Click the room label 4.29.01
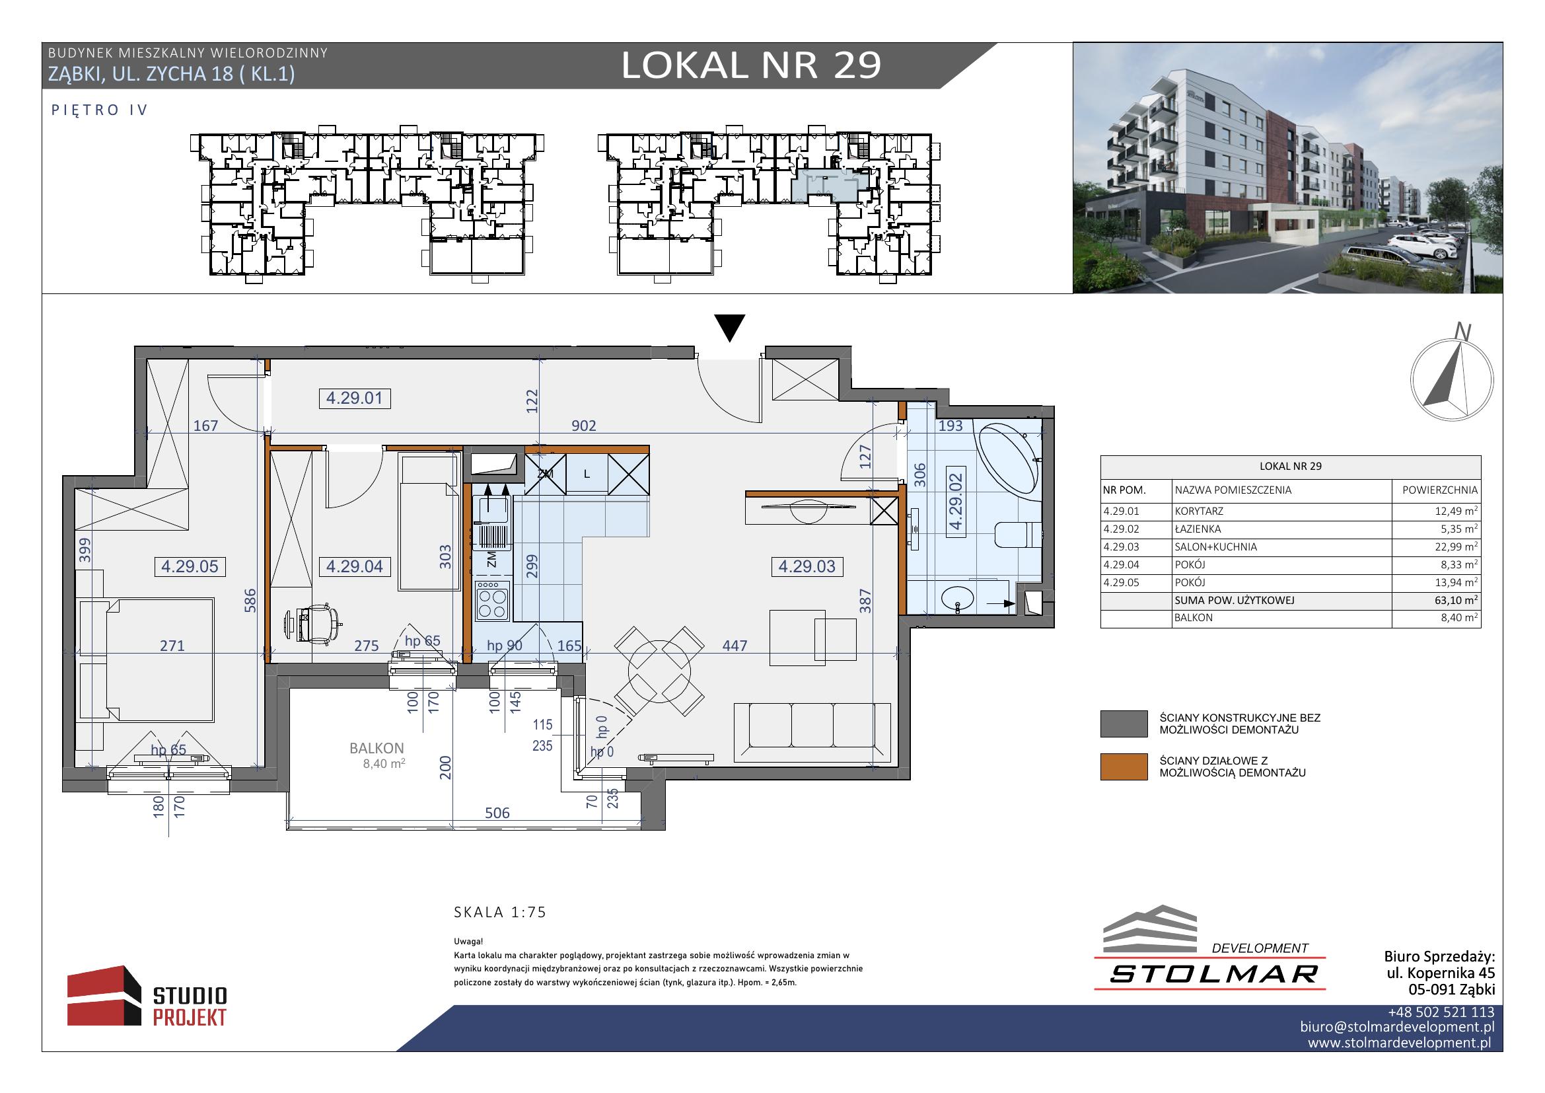pyautogui.click(x=354, y=398)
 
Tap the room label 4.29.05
pyautogui.click(x=190, y=567)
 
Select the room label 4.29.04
pyautogui.click(x=354, y=567)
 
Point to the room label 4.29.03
pyautogui.click(x=806, y=567)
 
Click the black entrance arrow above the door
pyautogui.click(x=729, y=328)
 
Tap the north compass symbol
pyautogui.click(x=1452, y=377)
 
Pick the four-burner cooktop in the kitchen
pyautogui.click(x=492, y=600)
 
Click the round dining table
pyautogui.click(x=659, y=671)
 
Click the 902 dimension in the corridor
pyautogui.click(x=583, y=426)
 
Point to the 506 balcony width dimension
pyautogui.click(x=497, y=813)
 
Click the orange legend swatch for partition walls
pyautogui.click(x=1123, y=767)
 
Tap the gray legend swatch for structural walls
pyautogui.click(x=1123, y=724)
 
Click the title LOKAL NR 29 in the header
pyautogui.click(x=751, y=65)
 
